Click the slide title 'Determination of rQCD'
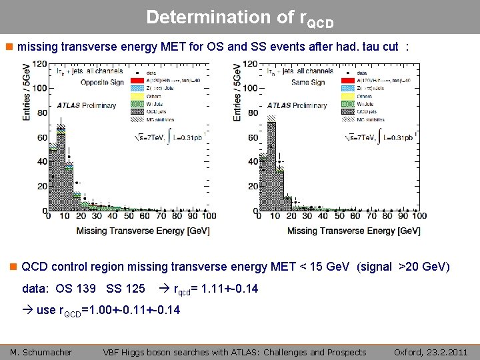[239, 18]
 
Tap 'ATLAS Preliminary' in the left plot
[86, 105]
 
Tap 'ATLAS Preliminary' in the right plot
[297, 105]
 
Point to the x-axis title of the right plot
[353, 231]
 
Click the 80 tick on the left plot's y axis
[41, 113]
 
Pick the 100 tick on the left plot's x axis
[208, 216]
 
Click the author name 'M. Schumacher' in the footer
[41, 352]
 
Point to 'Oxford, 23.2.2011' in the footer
[431, 352]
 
